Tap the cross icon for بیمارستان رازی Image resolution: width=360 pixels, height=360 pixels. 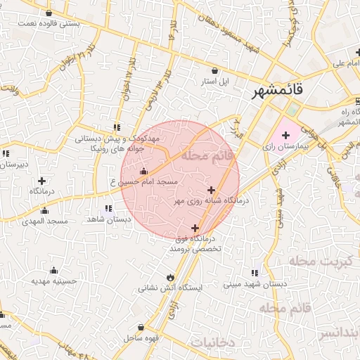(x=285, y=134)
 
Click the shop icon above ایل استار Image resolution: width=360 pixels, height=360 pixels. (x=214, y=70)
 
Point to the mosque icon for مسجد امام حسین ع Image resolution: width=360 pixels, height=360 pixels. (x=144, y=171)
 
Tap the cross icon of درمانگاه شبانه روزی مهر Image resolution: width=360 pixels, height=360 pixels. (x=211, y=190)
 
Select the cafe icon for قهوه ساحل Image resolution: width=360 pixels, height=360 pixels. (x=142, y=327)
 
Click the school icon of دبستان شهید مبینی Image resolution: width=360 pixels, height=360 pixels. (x=254, y=274)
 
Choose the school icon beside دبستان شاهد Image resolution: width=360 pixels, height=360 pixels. (x=108, y=208)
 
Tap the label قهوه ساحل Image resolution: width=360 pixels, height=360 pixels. (x=141, y=338)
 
